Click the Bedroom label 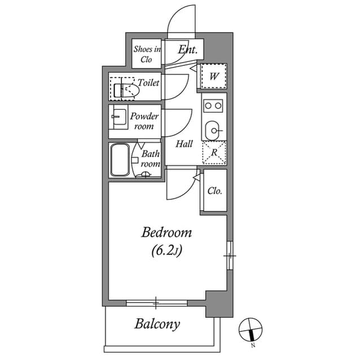coord(166,232)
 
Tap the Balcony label coord(157,324)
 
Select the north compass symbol coord(250,330)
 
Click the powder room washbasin coord(118,118)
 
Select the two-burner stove coord(214,105)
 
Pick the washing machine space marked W coord(214,77)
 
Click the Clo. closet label coord(214,190)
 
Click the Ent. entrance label coord(187,50)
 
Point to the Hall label coord(184,144)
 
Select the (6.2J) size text coord(166,251)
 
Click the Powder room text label coord(144,121)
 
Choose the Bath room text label coord(150,158)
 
